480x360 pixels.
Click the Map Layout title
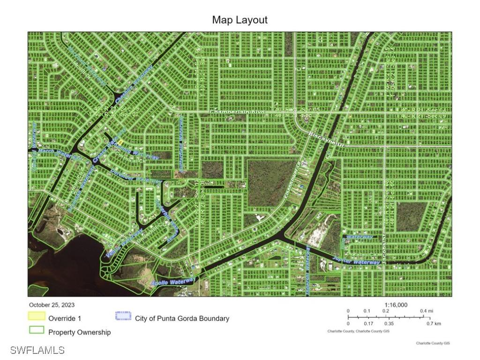(x=240, y=20)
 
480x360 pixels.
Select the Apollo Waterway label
(x=172, y=282)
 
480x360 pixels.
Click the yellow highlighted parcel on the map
(x=120, y=142)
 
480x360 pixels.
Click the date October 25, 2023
(x=52, y=305)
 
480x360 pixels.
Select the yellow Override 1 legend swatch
(x=37, y=317)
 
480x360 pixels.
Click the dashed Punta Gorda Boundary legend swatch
(x=123, y=315)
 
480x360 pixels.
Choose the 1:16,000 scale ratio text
(x=396, y=305)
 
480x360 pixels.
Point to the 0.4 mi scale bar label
(x=426, y=311)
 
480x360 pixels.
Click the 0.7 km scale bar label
(x=433, y=323)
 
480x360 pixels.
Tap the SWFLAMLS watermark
(x=37, y=350)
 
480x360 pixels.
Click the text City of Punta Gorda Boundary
(x=182, y=319)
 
